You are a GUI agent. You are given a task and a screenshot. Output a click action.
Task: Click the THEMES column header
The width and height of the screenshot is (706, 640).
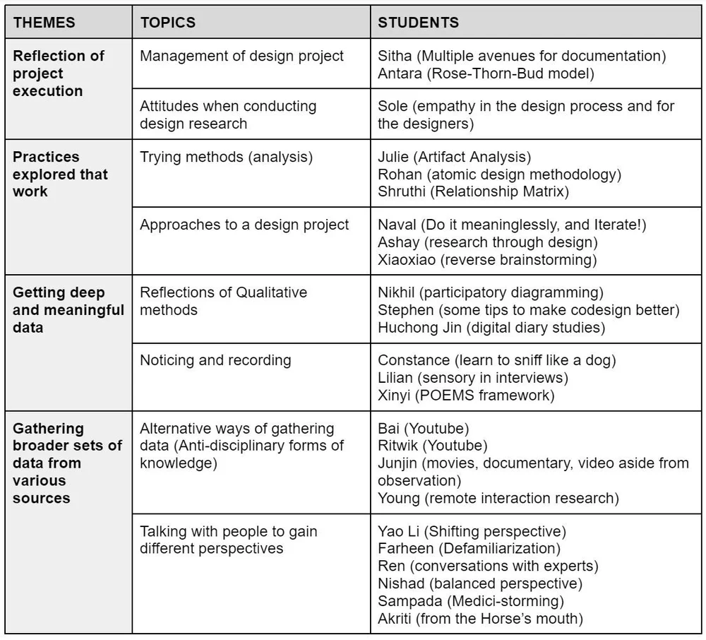click(x=44, y=23)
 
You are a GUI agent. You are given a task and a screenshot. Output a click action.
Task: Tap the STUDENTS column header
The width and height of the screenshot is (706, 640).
click(x=419, y=23)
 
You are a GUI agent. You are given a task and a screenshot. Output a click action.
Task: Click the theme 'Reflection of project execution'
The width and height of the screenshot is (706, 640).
click(x=59, y=73)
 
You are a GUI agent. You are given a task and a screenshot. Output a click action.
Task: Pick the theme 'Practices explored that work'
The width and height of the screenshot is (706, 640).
click(x=61, y=174)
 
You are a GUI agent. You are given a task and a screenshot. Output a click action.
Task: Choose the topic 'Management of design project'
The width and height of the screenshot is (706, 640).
click(x=242, y=56)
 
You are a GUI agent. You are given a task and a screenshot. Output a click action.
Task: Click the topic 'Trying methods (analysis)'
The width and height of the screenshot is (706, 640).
click(x=226, y=157)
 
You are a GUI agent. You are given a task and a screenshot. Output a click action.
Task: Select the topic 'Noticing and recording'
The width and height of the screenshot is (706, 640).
click(x=215, y=360)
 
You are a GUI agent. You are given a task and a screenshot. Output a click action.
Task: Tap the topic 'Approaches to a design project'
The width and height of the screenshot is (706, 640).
click(x=244, y=225)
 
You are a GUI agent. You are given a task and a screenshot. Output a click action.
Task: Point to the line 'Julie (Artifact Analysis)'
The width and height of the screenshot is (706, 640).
click(x=455, y=157)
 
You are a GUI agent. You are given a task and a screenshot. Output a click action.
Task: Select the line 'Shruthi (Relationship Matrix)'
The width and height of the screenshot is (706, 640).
click(x=473, y=191)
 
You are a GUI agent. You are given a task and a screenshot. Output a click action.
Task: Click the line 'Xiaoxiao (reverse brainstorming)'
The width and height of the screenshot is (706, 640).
click(x=487, y=259)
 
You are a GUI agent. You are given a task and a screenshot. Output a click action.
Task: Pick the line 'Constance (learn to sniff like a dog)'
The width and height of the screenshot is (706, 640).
click(x=497, y=360)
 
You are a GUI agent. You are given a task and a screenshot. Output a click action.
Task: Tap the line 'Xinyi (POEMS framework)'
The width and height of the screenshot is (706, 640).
click(x=466, y=395)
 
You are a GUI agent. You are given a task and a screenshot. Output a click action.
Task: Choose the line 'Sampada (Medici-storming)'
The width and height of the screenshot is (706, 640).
click(x=471, y=601)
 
